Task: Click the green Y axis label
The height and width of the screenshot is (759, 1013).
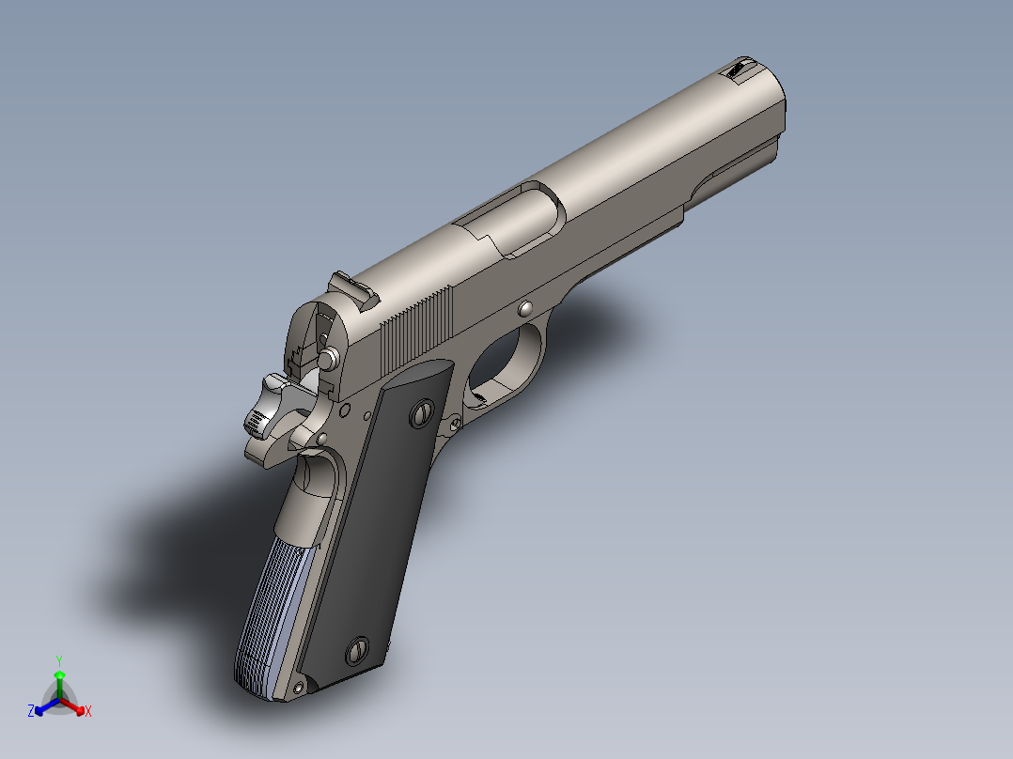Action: click(58, 659)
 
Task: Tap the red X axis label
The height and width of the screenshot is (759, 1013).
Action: click(88, 712)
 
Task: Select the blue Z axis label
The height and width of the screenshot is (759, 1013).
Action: click(31, 711)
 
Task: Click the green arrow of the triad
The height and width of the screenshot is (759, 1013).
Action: click(58, 680)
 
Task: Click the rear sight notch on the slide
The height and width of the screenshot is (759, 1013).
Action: click(352, 287)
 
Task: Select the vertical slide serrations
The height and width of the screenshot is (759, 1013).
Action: click(417, 329)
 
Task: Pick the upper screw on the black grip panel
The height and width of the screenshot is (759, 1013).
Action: click(423, 413)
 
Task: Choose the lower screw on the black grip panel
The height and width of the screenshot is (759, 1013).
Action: click(358, 650)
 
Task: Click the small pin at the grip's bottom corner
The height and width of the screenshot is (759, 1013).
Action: click(300, 688)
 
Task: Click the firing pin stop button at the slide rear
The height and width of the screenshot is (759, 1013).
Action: click(330, 358)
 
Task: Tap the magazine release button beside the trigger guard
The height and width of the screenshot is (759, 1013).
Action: click(456, 425)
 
